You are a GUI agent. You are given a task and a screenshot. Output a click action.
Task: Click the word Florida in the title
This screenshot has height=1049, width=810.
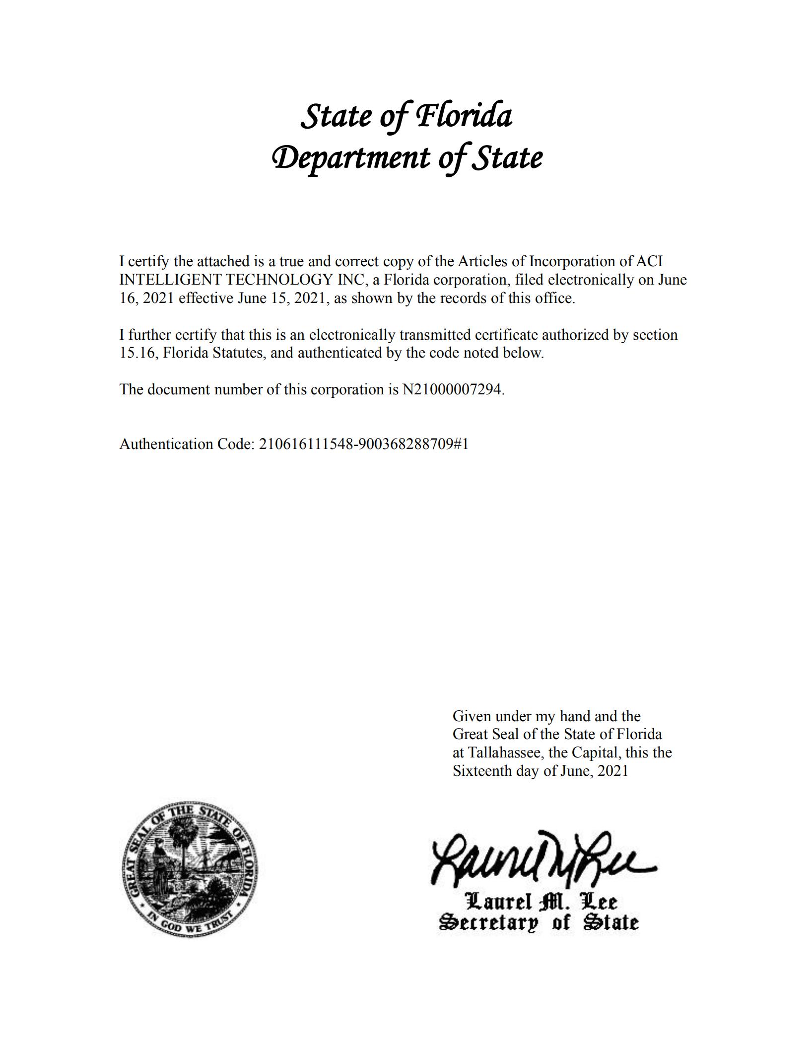(x=464, y=116)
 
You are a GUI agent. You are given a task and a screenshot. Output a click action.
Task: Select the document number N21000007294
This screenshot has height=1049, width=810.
(x=452, y=389)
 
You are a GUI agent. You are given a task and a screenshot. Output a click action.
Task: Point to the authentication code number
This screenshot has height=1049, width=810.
(x=363, y=444)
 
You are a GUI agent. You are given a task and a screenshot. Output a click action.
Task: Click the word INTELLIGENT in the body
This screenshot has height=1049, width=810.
(x=170, y=280)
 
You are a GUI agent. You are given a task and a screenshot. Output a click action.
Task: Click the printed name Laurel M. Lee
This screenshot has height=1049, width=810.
(x=541, y=901)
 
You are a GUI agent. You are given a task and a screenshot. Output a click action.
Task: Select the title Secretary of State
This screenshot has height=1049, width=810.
(x=539, y=922)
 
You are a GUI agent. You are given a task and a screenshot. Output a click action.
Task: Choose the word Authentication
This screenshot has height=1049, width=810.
(x=166, y=444)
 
